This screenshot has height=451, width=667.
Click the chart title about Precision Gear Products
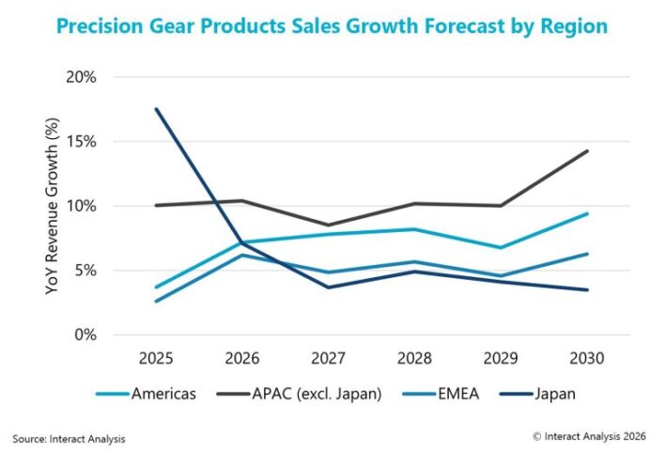[x=332, y=26]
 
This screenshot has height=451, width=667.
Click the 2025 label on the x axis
[x=156, y=358]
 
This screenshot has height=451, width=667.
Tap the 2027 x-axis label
[x=328, y=358]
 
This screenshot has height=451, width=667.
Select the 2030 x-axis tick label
[x=587, y=358]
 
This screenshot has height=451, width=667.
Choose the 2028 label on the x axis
[x=414, y=358]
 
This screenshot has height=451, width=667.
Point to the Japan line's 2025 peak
[x=156, y=109]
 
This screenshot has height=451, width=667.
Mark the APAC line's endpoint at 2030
[x=587, y=151]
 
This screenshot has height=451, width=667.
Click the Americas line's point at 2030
[x=587, y=213]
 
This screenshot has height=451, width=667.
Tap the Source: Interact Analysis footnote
[x=69, y=438]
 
